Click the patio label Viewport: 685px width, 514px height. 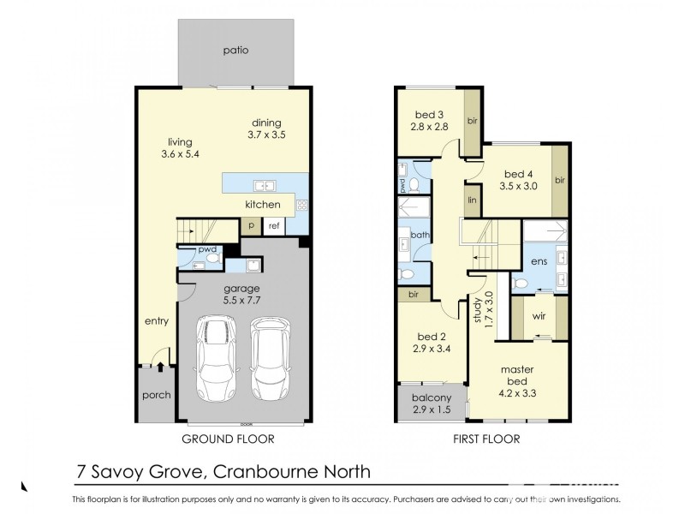click(235, 51)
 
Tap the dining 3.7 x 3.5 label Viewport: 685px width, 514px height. click(265, 129)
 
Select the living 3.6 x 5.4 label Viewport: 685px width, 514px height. click(180, 148)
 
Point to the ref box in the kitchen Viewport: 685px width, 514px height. click(274, 225)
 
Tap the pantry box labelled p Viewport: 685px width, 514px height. click(250, 225)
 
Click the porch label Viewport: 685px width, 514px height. click(156, 396)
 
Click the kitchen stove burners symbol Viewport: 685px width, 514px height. click(301, 205)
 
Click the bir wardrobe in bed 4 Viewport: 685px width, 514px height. click(560, 181)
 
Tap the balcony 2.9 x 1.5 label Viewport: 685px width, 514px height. click(431, 403)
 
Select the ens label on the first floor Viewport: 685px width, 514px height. click(539, 261)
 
